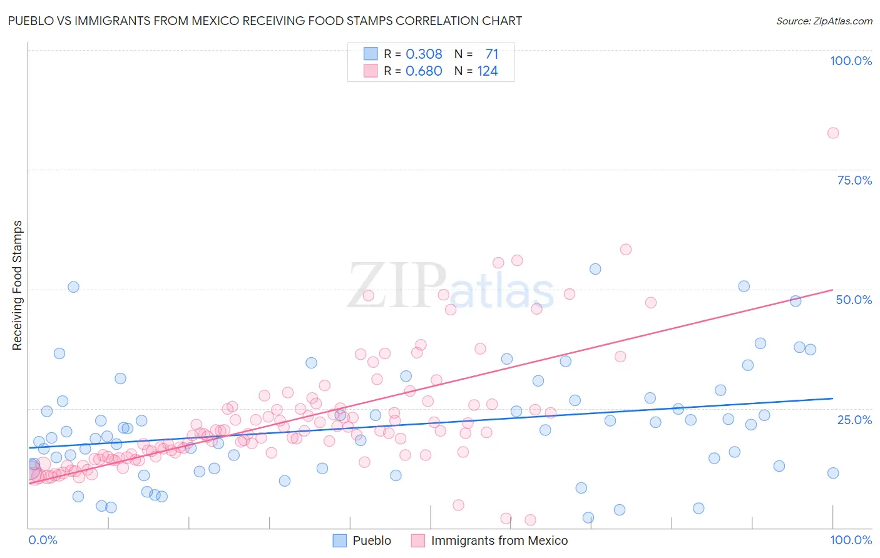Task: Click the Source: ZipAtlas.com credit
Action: tap(824, 21)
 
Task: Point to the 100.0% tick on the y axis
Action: tap(851, 61)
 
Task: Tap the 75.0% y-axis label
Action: tap(854, 180)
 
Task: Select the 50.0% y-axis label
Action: tap(854, 300)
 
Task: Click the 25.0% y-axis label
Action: tap(854, 419)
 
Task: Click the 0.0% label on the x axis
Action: tap(43, 540)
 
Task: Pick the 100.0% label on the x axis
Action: tap(851, 540)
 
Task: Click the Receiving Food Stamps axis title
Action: tap(17, 285)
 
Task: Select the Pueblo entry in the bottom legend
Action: tap(371, 540)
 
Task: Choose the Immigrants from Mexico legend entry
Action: tap(499, 540)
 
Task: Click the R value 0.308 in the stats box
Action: tap(424, 54)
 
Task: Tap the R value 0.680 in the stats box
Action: tap(424, 71)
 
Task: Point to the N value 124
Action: tap(488, 71)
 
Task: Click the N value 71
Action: tap(491, 54)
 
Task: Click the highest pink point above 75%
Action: tap(832, 133)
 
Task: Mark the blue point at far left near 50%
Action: tap(73, 287)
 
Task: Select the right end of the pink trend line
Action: tap(832, 290)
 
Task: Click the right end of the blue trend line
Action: tap(832, 398)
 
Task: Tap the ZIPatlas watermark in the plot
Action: tap(451, 287)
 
